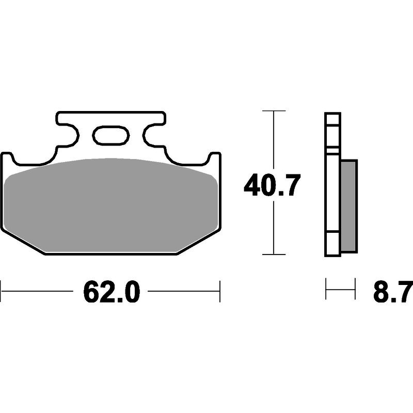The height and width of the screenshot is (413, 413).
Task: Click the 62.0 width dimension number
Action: pos(112,292)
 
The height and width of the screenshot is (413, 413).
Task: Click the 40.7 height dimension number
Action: pos(272,185)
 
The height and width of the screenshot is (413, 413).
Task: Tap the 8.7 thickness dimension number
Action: pos(393,292)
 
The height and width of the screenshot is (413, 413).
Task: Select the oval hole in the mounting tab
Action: pos(111,135)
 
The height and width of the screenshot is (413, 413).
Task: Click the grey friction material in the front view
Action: pos(111,205)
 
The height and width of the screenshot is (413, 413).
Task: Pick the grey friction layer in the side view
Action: pos(349,206)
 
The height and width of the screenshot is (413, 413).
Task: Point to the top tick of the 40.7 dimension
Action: pos(274,111)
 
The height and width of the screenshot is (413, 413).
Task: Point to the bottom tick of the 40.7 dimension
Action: pos(274,255)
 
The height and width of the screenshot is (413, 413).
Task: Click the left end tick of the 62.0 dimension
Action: pos(1,291)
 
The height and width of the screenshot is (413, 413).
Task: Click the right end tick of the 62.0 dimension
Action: pos(220,291)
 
